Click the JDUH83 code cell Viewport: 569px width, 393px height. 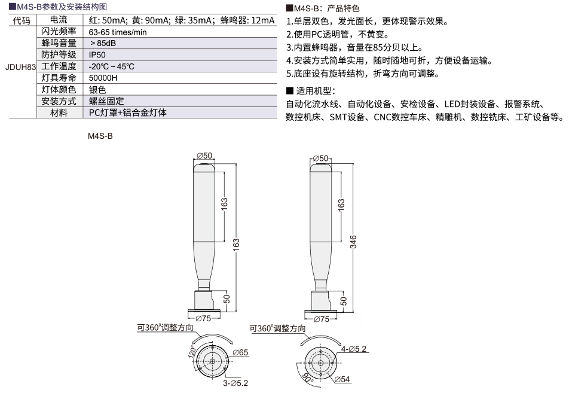click(21, 67)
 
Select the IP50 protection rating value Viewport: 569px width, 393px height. click(97, 55)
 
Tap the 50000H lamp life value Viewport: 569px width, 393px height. click(103, 78)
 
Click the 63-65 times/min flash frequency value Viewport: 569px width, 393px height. click(118, 32)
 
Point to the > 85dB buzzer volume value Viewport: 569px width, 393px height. click(103, 43)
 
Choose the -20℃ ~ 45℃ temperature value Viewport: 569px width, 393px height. click(111, 66)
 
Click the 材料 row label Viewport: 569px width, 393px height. click(59, 112)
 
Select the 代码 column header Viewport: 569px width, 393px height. click(22, 20)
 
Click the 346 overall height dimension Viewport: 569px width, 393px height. click(353, 242)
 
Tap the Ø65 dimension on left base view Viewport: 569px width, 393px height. click(240, 352)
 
